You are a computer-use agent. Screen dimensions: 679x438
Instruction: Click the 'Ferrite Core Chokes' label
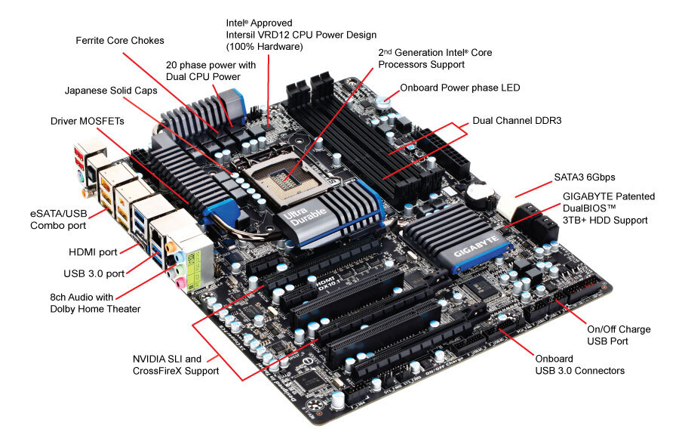[x=120, y=40]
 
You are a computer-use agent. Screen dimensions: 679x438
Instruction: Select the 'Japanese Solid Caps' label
[x=111, y=90]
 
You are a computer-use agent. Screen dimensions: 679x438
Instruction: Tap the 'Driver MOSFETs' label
[x=87, y=121]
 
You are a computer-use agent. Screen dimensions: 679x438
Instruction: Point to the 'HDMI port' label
[x=93, y=252]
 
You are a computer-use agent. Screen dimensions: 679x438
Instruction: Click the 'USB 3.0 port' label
[x=94, y=273]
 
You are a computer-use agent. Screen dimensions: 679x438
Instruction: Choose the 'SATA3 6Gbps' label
[x=585, y=177]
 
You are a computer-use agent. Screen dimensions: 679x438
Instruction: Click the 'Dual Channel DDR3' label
[x=517, y=121]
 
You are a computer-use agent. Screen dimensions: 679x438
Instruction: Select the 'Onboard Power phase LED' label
[x=460, y=88]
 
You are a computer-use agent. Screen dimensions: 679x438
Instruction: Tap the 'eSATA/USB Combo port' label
[x=58, y=220]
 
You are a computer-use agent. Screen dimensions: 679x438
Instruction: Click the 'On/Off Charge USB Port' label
[x=619, y=335]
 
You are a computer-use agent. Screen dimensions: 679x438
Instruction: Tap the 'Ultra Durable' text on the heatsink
[x=305, y=214]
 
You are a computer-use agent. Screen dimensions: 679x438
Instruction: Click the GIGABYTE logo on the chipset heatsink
[x=475, y=246]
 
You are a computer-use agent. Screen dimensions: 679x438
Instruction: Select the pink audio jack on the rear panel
[x=180, y=284]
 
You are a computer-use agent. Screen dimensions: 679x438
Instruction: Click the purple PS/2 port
[x=78, y=177]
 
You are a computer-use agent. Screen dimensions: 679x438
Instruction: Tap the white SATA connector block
[x=508, y=207]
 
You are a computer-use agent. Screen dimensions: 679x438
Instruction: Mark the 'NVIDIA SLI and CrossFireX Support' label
[x=176, y=365]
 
